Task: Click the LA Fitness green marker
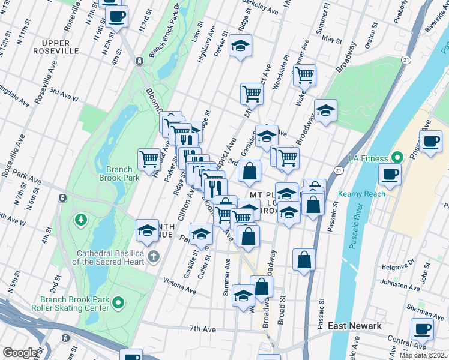[397, 158]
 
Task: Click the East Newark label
[355, 326]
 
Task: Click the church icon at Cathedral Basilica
[153, 257]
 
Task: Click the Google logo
[20, 353]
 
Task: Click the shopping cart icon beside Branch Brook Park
[149, 159]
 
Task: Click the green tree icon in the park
[80, 220]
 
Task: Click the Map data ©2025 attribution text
[424, 355]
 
